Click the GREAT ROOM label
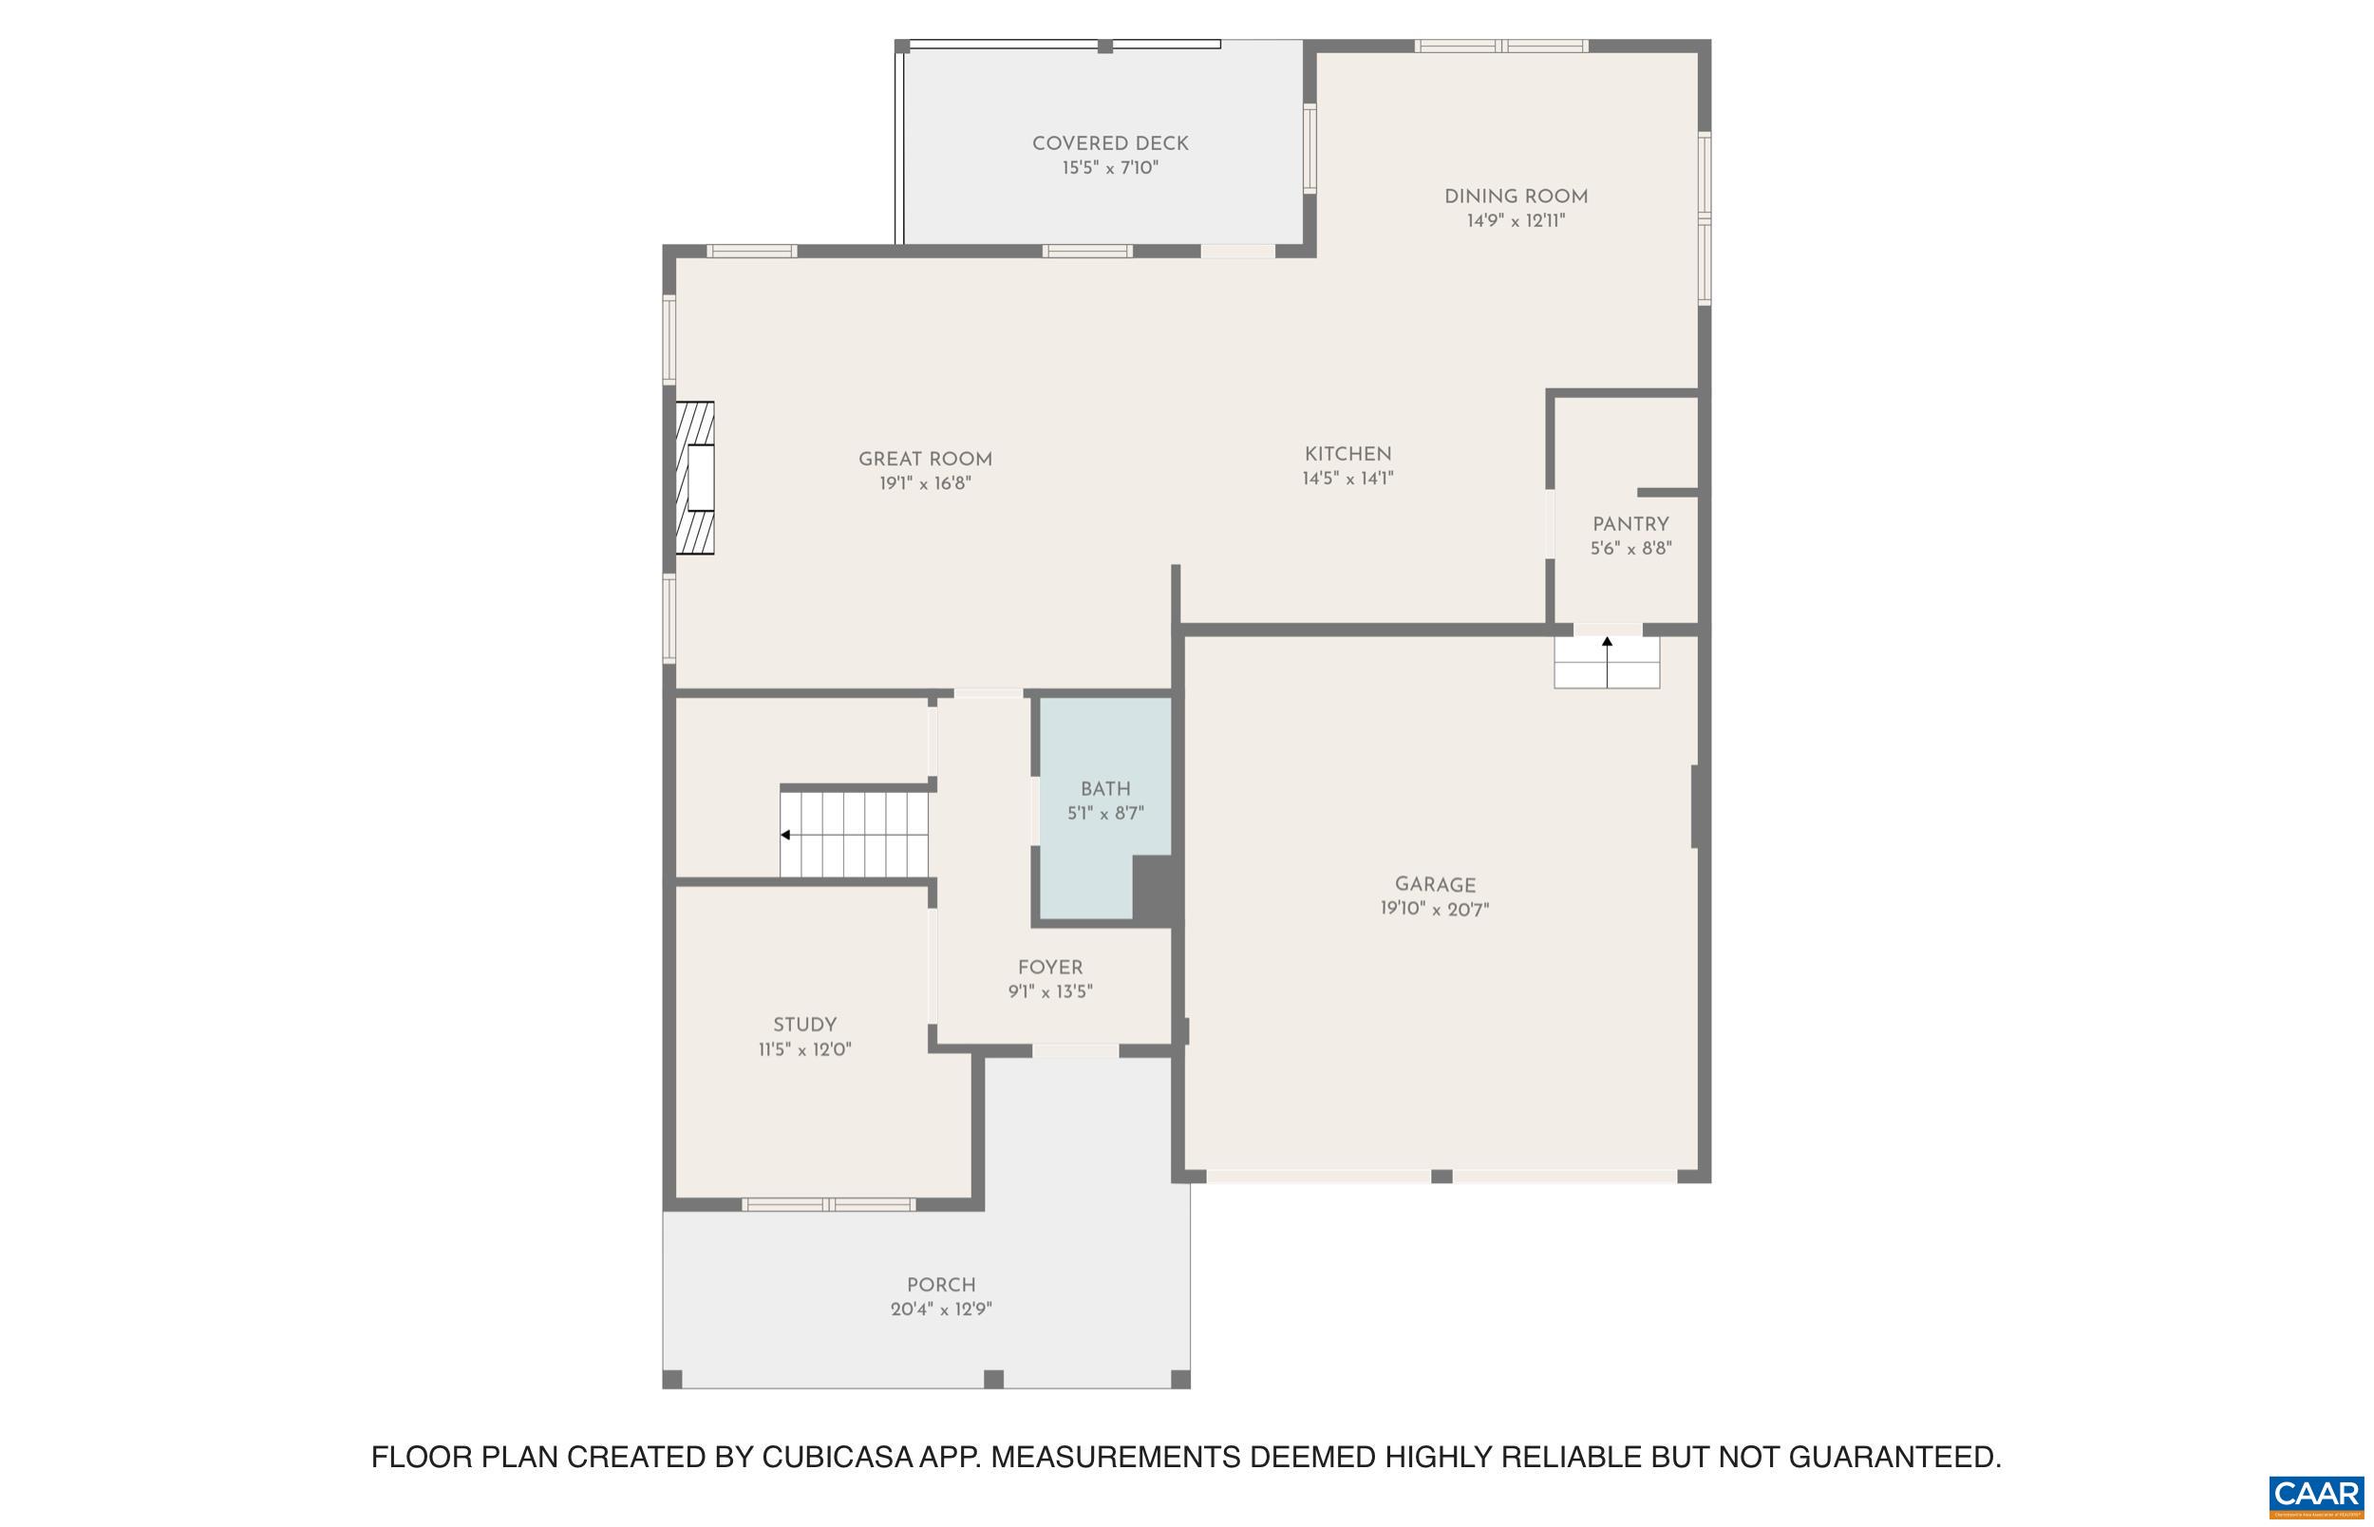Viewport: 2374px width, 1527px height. [924, 459]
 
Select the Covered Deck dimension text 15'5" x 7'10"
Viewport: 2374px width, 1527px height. [1109, 167]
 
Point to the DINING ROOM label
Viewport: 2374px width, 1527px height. [1515, 197]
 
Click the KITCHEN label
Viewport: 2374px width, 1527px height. [1347, 454]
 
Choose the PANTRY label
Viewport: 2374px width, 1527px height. [1630, 524]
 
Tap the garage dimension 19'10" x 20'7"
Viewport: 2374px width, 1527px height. [1433, 909]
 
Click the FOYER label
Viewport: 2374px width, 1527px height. [1049, 968]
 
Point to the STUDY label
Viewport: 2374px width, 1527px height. [804, 1025]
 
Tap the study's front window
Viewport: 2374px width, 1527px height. [828, 1205]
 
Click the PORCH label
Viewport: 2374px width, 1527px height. [941, 1284]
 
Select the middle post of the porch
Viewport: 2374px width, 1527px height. [992, 1379]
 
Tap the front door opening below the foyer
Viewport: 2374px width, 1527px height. [1075, 1050]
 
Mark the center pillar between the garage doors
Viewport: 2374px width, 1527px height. [1441, 1176]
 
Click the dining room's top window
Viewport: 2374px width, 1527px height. [1500, 46]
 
